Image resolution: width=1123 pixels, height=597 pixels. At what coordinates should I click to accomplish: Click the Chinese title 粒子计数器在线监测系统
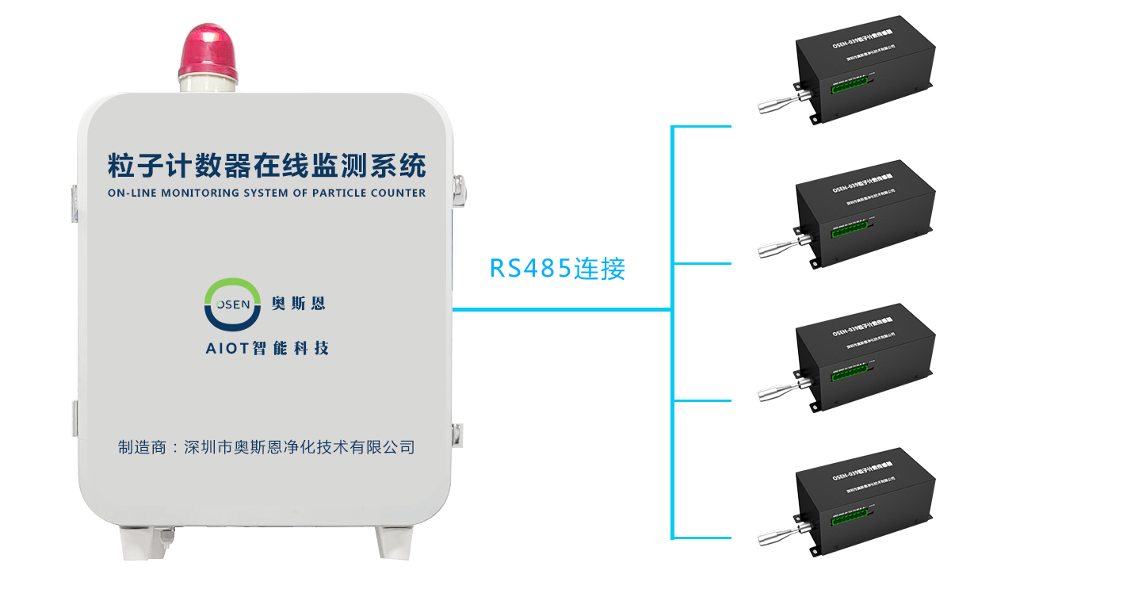[x=267, y=165]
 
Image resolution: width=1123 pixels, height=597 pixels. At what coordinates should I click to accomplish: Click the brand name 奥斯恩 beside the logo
[x=298, y=303]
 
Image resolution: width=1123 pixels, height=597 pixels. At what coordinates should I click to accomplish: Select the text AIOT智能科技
[x=266, y=348]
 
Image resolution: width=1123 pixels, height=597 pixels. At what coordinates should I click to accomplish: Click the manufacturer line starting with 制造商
[x=266, y=447]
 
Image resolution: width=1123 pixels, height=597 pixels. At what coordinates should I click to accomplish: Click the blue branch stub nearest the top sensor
[x=702, y=126]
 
